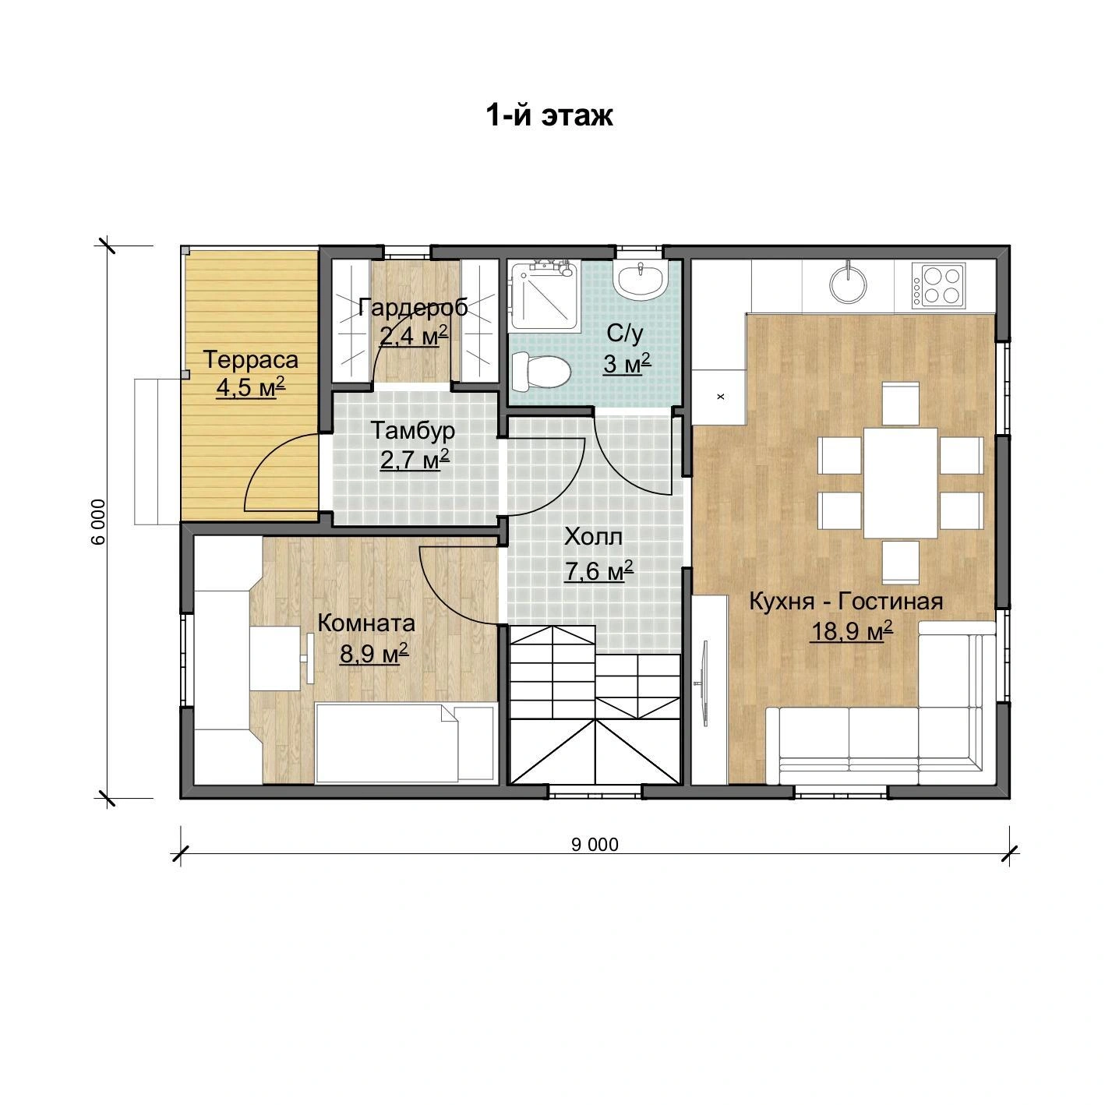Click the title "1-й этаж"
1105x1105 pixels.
pos(549,115)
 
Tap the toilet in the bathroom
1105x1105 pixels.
pos(541,370)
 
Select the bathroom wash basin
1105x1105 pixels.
pos(641,280)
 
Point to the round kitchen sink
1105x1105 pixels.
pos(848,281)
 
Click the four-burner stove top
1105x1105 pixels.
pos(939,286)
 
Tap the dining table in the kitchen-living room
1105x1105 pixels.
pos(900,483)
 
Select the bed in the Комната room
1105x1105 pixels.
pos(405,743)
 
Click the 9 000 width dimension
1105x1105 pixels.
pos(595,845)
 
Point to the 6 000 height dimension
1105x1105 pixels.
pos(99,521)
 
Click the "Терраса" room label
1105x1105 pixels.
pos(251,360)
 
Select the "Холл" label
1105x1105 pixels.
pos(593,537)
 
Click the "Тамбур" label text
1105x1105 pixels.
pos(413,431)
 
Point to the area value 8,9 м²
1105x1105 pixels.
pos(374,653)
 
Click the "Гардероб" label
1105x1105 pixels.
pos(413,308)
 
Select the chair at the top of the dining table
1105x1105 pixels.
pos(900,404)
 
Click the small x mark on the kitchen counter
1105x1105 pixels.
pos(722,396)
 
